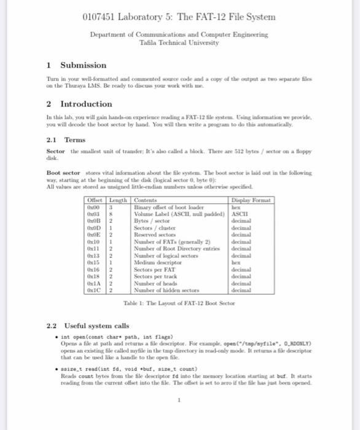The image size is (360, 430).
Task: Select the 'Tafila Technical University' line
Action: click(x=179, y=43)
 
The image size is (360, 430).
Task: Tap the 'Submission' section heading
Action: click(x=83, y=65)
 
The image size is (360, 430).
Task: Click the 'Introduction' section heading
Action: click(x=86, y=104)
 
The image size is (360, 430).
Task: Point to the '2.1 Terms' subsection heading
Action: click(x=66, y=139)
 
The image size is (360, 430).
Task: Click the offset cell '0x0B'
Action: click(x=94, y=218)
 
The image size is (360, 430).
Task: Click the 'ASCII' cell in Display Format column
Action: click(x=239, y=212)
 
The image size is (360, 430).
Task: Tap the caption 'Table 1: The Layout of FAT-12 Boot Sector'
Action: click(x=179, y=303)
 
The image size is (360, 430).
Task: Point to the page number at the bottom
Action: click(x=179, y=400)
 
